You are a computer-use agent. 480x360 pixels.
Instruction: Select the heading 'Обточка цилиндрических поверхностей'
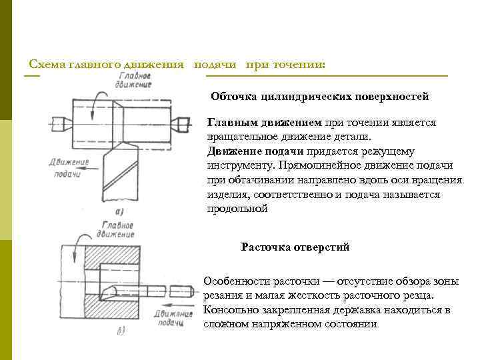tap(319, 96)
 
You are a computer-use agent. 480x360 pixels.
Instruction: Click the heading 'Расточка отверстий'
tap(295, 247)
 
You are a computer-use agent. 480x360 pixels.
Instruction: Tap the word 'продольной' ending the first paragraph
tap(237, 209)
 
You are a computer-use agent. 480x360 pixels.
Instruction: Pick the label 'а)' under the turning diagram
tap(121, 212)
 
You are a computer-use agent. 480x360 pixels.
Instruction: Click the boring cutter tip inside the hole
tap(111, 291)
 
